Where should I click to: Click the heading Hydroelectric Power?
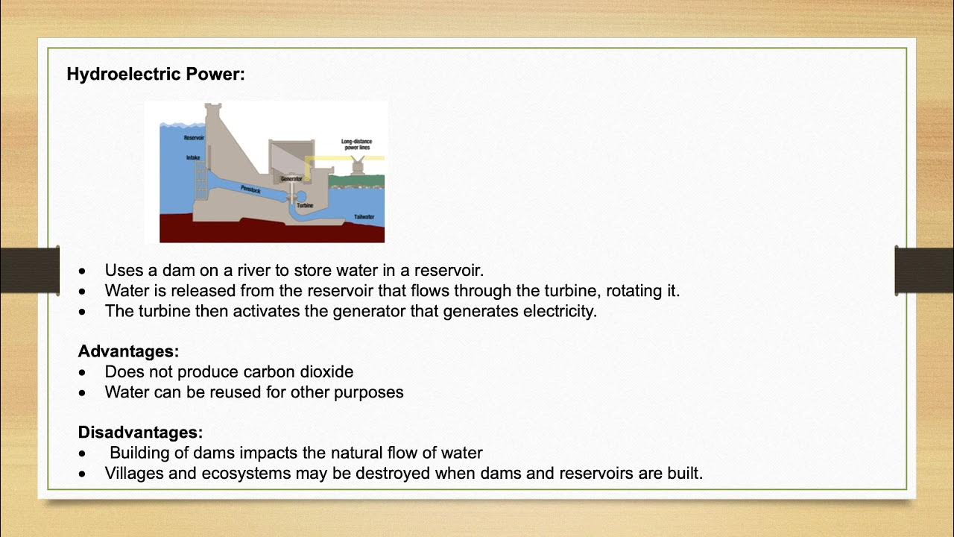point(155,75)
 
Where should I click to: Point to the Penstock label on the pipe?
point(251,189)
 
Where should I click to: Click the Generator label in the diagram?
point(291,179)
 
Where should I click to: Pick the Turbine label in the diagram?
point(305,204)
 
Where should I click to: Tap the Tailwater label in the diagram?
point(364,217)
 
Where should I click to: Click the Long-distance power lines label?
point(356,145)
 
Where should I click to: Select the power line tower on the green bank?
point(358,166)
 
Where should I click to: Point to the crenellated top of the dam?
point(213,109)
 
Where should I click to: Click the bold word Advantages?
point(128,351)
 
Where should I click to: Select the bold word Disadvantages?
point(140,433)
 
